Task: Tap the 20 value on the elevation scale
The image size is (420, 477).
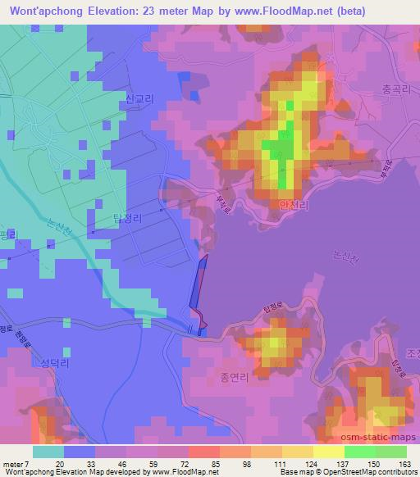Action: coord(60,464)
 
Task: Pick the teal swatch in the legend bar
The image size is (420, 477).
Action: coord(48,452)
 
